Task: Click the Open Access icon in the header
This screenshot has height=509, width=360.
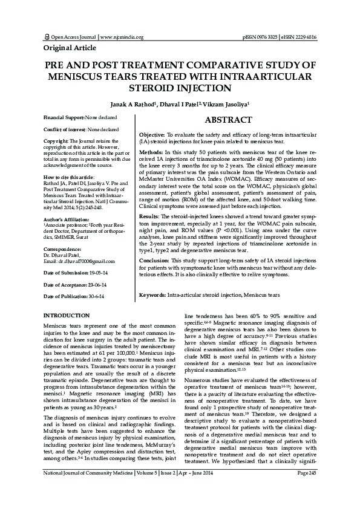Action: tap(45, 37)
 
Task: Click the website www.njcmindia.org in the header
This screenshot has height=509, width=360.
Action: tap(121, 37)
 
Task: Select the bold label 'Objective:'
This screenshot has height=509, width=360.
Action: tap(151, 134)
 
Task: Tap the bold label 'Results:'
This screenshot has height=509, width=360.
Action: tap(149, 215)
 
